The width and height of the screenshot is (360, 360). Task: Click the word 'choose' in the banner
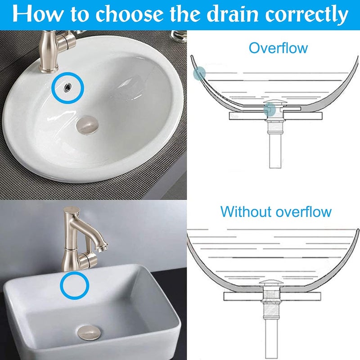pyautogui.click(x=130, y=14)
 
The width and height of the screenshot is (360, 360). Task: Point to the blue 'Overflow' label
pyautogui.click(x=278, y=48)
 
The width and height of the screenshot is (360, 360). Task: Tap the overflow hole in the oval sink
pyautogui.click(x=68, y=86)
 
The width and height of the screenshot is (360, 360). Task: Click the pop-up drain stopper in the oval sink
pyautogui.click(x=87, y=126)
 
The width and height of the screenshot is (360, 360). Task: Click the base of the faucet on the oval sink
pyautogui.click(x=49, y=69)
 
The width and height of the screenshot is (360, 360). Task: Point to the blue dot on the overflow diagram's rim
pyautogui.click(x=199, y=73)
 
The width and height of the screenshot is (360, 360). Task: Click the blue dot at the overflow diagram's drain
pyautogui.click(x=270, y=109)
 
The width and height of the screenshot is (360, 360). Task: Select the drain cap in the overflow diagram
pyautogui.click(x=273, y=102)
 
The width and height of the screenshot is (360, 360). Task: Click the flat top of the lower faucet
pyautogui.click(x=72, y=209)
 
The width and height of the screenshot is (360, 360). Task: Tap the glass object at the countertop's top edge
pyautogui.click(x=178, y=36)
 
